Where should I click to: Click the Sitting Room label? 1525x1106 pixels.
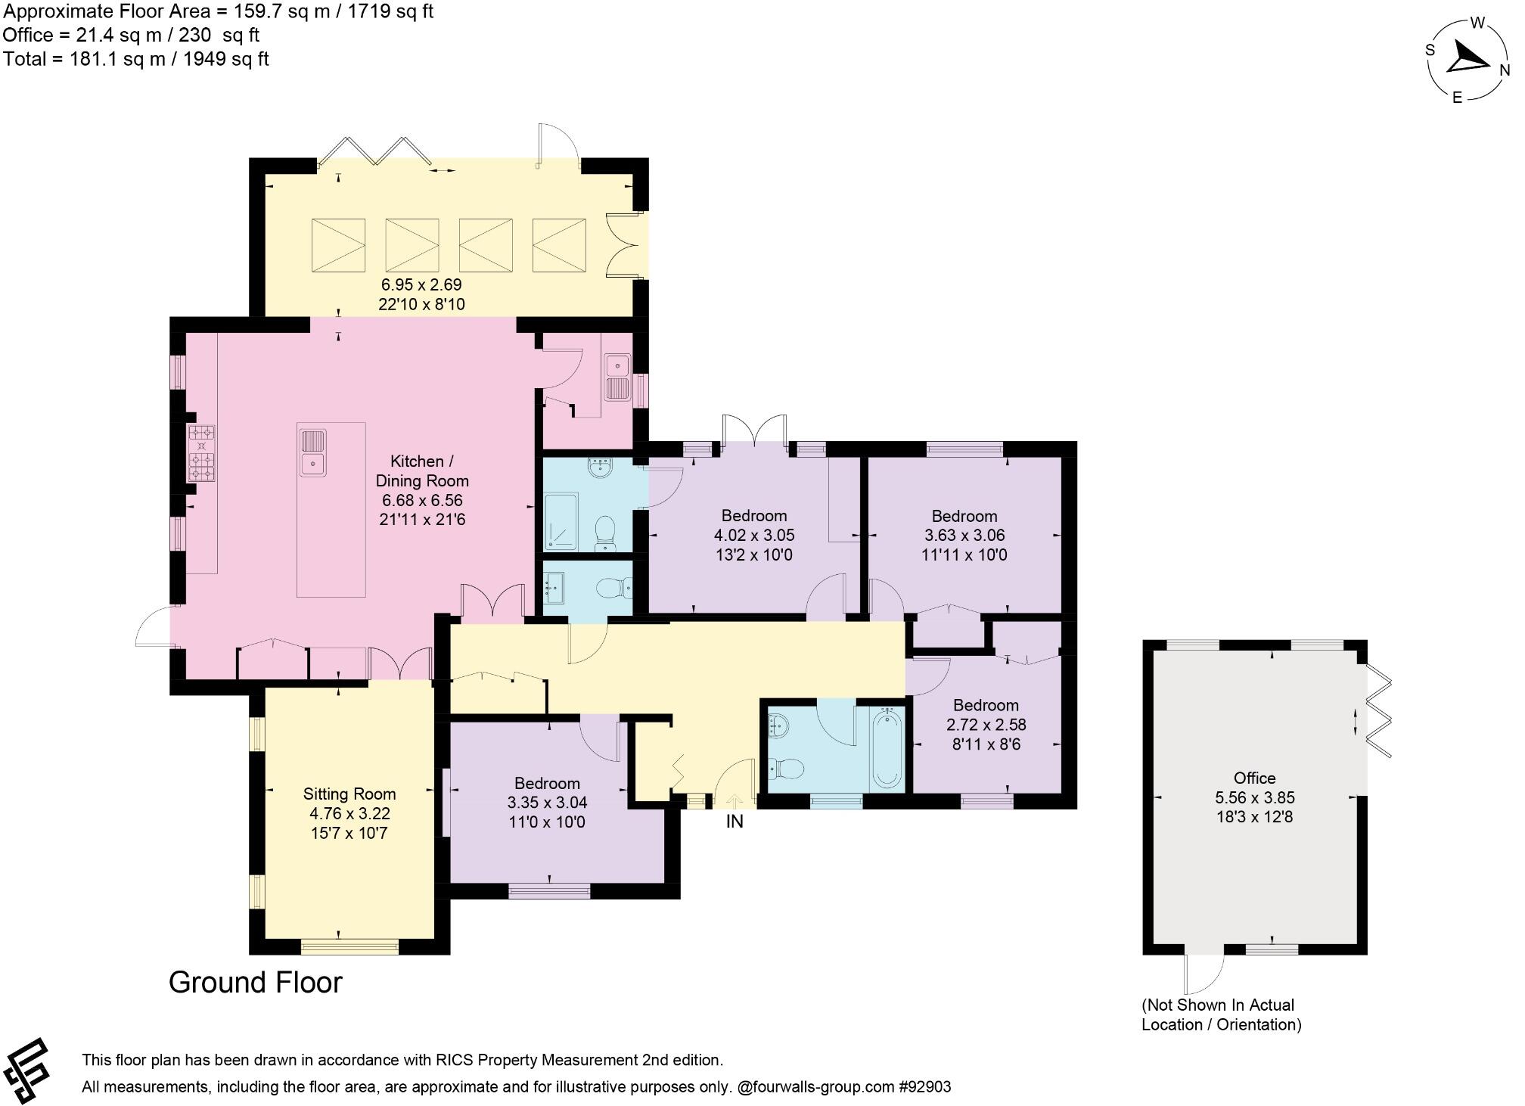tap(349, 794)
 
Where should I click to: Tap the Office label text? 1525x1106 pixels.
tap(1254, 778)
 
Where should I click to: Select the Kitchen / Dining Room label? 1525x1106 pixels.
tap(422, 471)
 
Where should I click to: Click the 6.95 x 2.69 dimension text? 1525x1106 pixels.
tap(421, 285)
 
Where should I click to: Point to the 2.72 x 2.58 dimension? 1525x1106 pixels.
tap(986, 725)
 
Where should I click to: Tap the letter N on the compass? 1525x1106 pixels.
tap(1505, 70)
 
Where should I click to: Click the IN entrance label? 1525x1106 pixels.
tap(735, 821)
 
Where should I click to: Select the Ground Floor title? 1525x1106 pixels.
tap(256, 982)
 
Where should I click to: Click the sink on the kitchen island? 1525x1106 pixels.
tap(313, 452)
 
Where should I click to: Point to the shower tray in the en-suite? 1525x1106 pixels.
tap(561, 522)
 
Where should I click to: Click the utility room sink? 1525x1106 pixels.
tap(618, 377)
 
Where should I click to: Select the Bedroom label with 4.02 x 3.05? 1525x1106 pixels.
tap(754, 516)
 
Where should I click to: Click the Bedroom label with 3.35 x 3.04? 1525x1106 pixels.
tap(547, 784)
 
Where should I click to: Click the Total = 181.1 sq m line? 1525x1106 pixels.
tap(136, 59)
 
